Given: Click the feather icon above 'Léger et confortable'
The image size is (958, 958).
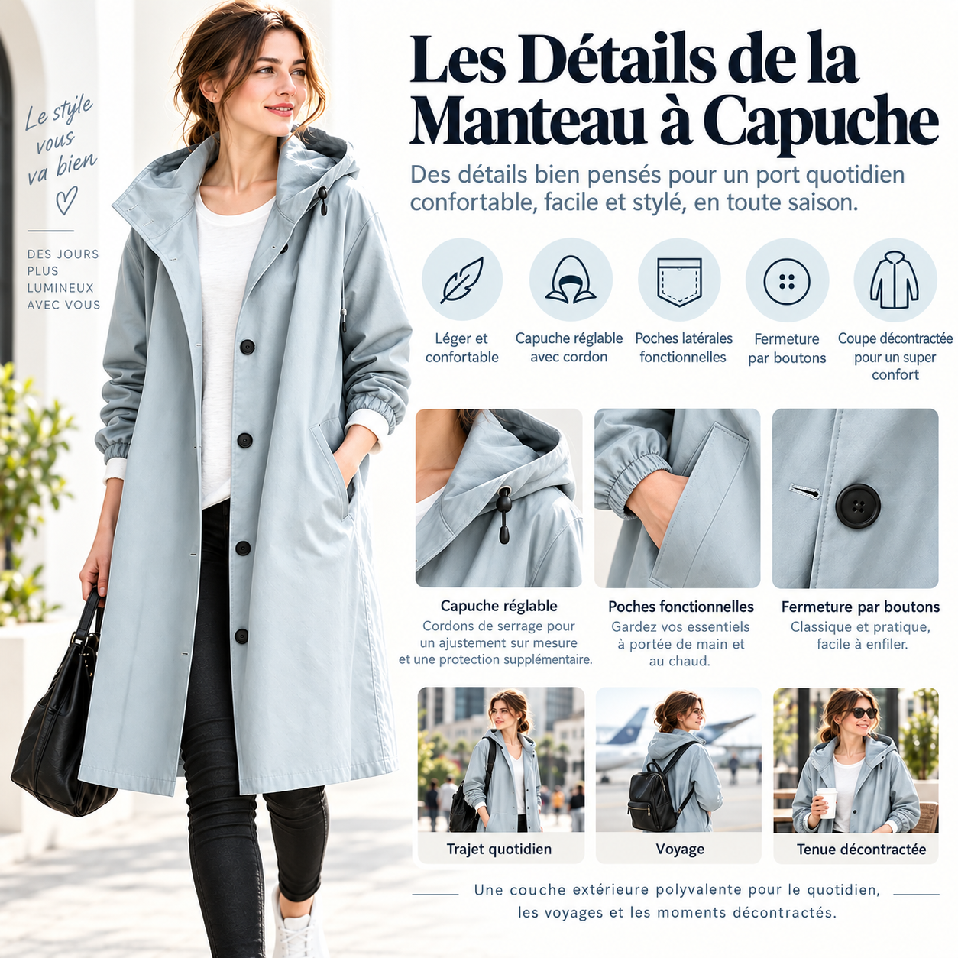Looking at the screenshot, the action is pyautogui.click(x=462, y=280).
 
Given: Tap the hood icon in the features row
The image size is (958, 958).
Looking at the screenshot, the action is pyautogui.click(x=570, y=279).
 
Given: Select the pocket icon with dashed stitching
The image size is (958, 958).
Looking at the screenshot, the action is pyautogui.click(x=679, y=282).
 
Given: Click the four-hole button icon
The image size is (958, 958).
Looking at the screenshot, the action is pyautogui.click(x=786, y=281).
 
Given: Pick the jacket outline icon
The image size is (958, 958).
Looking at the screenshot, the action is pyautogui.click(x=895, y=280).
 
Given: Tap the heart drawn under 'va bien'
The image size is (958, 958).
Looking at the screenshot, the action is pyautogui.click(x=66, y=200).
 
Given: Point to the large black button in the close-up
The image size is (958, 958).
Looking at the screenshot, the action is pyautogui.click(x=858, y=504).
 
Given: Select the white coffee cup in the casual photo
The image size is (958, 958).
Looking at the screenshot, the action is pyautogui.click(x=827, y=802).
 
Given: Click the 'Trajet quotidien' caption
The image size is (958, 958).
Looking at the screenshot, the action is pyautogui.click(x=499, y=849).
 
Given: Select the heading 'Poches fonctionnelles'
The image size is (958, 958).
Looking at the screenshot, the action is pyautogui.click(x=681, y=607).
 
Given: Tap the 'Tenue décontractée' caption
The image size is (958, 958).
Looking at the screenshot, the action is pyautogui.click(x=861, y=849).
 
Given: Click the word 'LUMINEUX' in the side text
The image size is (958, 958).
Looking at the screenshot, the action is pyautogui.click(x=60, y=288).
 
